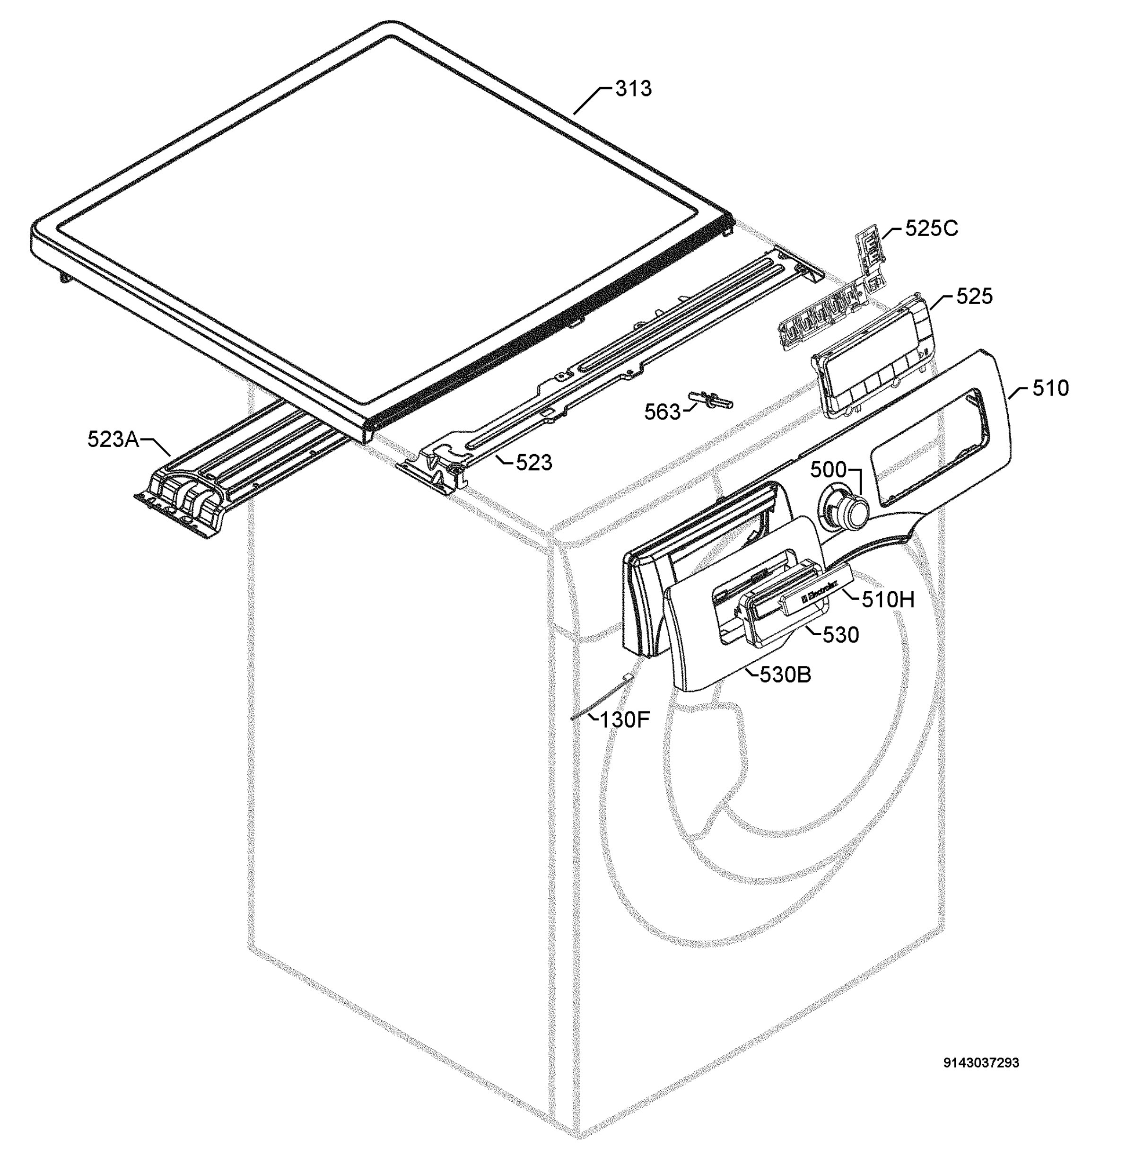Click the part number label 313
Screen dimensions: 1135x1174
[x=634, y=88]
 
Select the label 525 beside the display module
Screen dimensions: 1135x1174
[x=974, y=296]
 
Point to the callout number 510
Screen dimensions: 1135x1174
[x=1050, y=388]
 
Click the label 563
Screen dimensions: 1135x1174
[x=663, y=412]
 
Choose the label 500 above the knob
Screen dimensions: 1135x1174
[x=829, y=470]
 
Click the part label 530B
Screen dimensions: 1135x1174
[x=785, y=675]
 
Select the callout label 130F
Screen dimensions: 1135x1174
[x=625, y=719]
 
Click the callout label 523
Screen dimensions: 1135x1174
[x=533, y=463]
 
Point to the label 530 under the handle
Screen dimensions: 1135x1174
[x=840, y=635]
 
